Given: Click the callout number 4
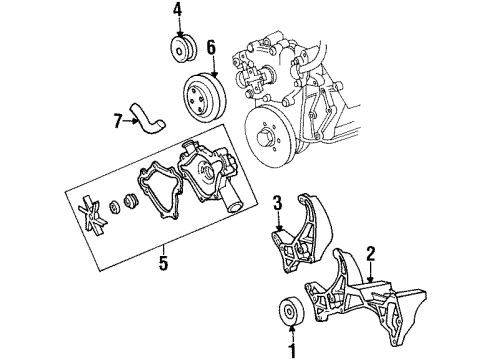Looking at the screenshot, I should point(177,11).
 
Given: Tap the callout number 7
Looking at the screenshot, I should point(118,122).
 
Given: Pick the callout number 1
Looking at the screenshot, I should point(293,350).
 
